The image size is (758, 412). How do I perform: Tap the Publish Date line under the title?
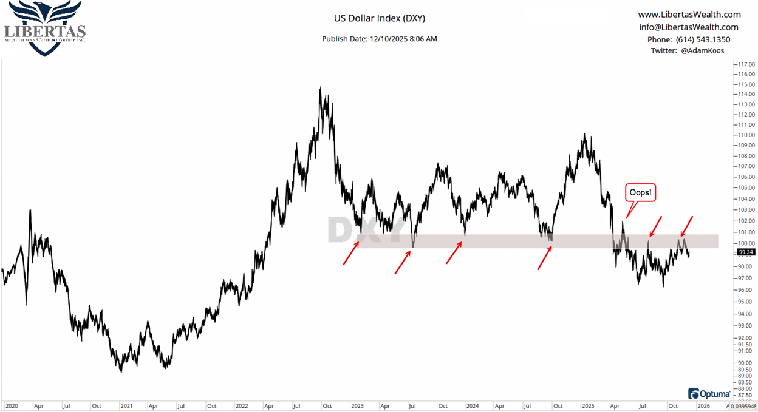pyautogui.click(x=380, y=39)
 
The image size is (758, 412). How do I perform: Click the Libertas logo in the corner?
pyautogui.click(x=45, y=29)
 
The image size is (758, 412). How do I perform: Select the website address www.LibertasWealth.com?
pyautogui.click(x=689, y=15)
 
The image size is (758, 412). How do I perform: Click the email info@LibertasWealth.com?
pyautogui.click(x=689, y=27)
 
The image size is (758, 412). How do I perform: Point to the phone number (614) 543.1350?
pyautogui.click(x=689, y=40)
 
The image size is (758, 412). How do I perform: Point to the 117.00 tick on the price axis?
pyautogui.click(x=746, y=64)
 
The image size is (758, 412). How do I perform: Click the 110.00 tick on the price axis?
pyautogui.click(x=746, y=135)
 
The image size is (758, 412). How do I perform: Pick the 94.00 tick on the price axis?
pyautogui.click(x=746, y=314)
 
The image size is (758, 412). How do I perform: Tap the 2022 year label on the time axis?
pyautogui.click(x=242, y=405)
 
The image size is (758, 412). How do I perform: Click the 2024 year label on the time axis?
pyautogui.click(x=472, y=405)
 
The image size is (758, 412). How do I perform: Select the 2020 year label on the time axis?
pyautogui.click(x=12, y=405)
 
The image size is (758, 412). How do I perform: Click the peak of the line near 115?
pyautogui.click(x=320, y=88)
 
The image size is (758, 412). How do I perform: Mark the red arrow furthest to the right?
pyautogui.click(x=686, y=226)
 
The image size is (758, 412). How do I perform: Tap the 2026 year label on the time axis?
pyautogui.click(x=703, y=405)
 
